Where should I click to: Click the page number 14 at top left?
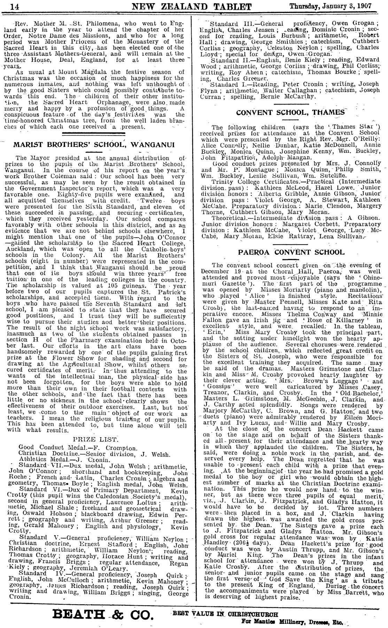click(x=5, y=7)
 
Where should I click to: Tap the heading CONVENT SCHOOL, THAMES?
click(x=290, y=113)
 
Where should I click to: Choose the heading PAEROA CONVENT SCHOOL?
click(x=290, y=252)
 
